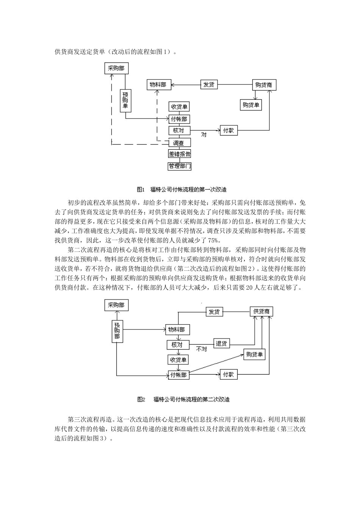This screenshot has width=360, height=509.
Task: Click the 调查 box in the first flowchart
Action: coord(179,143)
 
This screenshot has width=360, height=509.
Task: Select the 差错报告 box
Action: coord(179,154)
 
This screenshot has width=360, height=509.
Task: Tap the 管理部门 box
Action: coord(179,166)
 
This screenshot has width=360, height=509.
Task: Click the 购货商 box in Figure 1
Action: coord(264,85)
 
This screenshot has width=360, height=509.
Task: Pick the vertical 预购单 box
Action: coord(125,100)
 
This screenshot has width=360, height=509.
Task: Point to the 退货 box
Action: coord(222,343)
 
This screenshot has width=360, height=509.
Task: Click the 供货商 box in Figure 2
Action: coord(261,311)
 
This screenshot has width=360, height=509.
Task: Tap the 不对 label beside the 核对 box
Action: coord(202,349)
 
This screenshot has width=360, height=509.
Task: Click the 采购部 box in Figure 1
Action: coord(116,68)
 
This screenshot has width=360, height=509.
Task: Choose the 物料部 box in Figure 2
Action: coord(177,329)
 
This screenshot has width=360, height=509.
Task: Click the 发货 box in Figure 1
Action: coord(209,84)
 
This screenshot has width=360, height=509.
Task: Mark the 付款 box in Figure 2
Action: coord(229,375)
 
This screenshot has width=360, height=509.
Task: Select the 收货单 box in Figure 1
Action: coord(179,107)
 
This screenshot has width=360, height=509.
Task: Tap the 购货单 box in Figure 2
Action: coord(255,354)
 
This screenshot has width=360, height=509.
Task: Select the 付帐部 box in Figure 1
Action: coord(179,119)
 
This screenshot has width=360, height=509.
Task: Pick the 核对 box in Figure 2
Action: coord(177,345)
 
